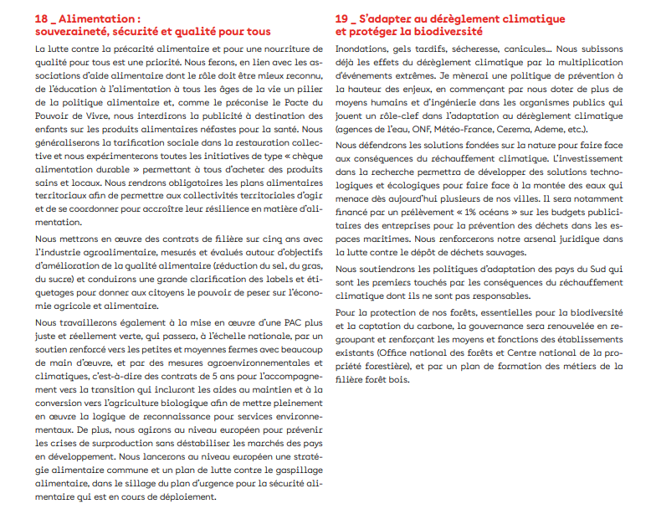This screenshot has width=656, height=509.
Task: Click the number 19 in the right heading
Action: pyautogui.click(x=341, y=18)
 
